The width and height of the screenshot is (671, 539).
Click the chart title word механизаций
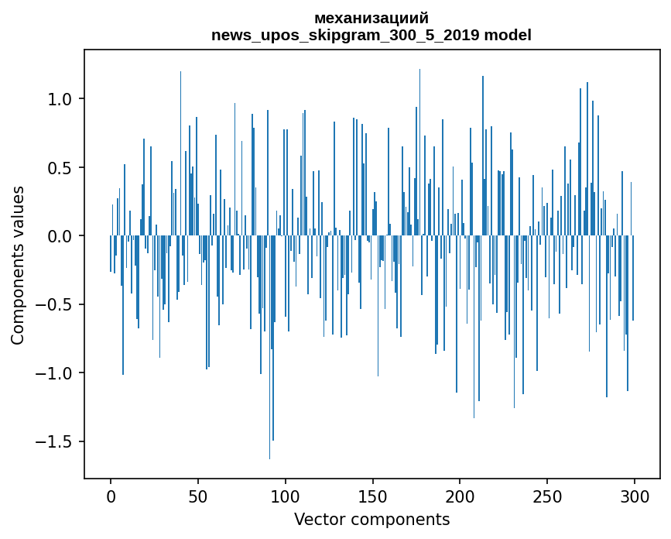[371, 18]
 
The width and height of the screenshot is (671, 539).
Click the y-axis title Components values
[18, 265]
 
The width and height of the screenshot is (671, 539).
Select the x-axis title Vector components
[371, 519]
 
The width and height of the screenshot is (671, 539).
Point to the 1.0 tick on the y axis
[60, 99]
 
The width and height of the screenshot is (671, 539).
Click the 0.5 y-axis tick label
[60, 168]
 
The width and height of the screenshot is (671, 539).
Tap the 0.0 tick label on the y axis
[60, 236]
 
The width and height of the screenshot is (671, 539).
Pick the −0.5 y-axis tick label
[55, 305]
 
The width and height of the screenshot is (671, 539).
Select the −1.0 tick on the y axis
[55, 373]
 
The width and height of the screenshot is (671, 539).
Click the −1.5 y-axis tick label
[55, 442]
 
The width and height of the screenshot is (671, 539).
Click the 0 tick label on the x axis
[111, 496]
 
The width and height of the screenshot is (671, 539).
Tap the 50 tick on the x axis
[198, 496]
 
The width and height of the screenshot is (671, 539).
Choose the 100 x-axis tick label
[286, 496]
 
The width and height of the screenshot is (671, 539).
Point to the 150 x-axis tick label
[372, 496]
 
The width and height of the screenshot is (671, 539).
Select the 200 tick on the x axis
[460, 496]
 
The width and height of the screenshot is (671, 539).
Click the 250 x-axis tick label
[547, 496]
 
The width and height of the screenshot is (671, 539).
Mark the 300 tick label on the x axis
[635, 496]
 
